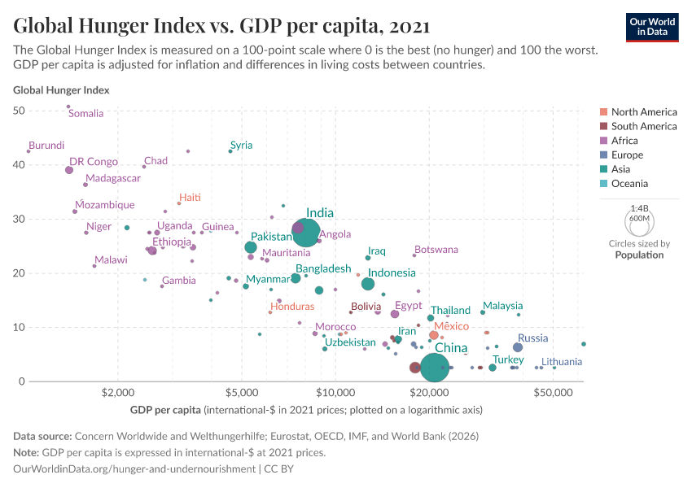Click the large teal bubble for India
tap(306, 232)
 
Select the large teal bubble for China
tap(435, 368)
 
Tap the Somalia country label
tap(85, 114)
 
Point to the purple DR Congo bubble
tap(69, 170)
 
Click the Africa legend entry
tap(624, 141)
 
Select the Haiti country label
tap(190, 198)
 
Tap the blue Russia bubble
tap(518, 347)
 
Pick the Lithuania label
tap(562, 361)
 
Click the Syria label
tap(241, 145)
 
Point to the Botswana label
tap(436, 250)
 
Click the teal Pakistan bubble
tap(251, 247)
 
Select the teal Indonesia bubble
tap(368, 284)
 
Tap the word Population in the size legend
tap(639, 255)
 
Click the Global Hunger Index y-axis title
tap(61, 90)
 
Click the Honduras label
tap(292, 307)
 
